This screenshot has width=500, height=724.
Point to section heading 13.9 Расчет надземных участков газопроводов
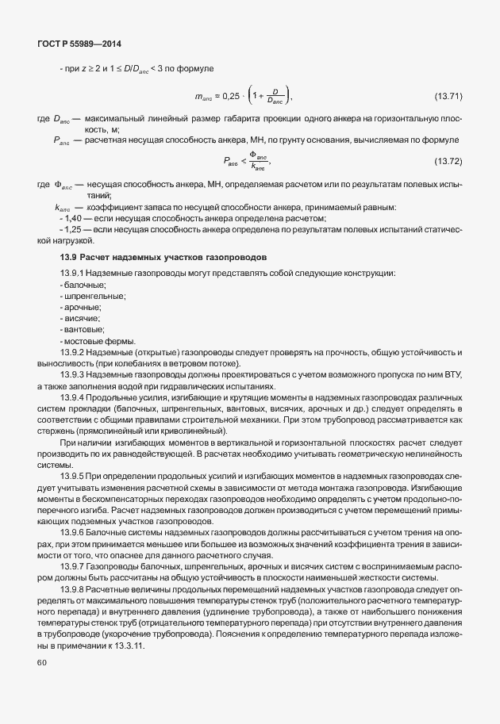tap(164, 259)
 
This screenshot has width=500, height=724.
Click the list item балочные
tap(84, 284)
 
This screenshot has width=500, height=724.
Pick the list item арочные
tap(82, 306)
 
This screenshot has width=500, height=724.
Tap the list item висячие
tap(81, 317)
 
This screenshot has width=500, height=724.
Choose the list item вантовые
tap(83, 328)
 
